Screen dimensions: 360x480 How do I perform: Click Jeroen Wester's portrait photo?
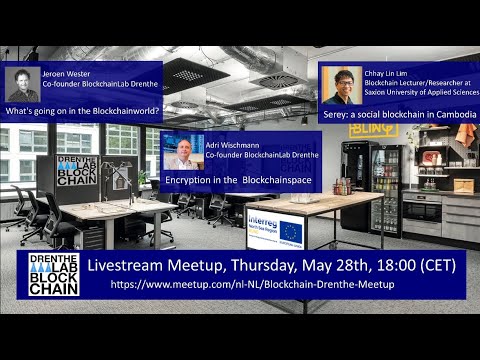pos(22,84)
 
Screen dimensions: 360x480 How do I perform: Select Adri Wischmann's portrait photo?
pos(182,151)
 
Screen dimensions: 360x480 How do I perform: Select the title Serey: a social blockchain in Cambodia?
pos(399,115)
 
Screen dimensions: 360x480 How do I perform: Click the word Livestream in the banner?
pos(133,265)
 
